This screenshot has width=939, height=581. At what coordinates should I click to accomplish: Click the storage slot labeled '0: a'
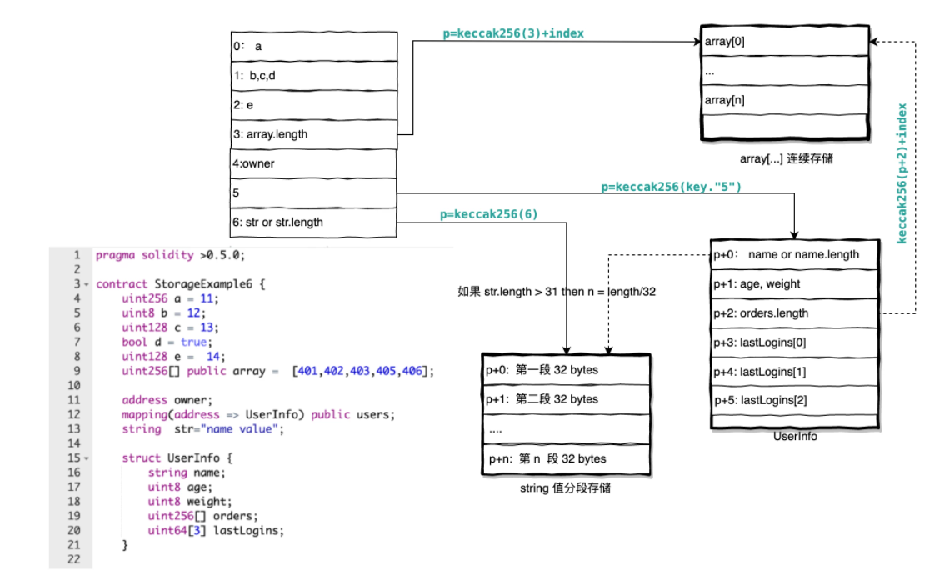313,47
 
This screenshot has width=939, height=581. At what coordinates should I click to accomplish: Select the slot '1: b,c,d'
313,76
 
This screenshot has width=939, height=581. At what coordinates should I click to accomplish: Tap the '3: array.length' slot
313,133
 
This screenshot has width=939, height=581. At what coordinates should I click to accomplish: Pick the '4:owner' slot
313,163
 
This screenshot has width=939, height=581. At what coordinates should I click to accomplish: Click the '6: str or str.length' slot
313,222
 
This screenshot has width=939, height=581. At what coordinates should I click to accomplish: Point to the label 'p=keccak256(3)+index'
512,33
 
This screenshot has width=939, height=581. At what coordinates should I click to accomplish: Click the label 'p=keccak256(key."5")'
671,188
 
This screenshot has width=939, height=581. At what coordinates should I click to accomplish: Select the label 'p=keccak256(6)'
489,214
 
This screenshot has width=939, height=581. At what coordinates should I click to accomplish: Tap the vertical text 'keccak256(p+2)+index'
901,173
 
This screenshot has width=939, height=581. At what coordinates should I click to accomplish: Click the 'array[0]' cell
783,42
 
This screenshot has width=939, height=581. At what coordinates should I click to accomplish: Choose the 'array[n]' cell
783,100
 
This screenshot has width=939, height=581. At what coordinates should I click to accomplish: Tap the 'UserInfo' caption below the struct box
795,436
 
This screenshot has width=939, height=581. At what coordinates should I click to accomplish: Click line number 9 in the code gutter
77,370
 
